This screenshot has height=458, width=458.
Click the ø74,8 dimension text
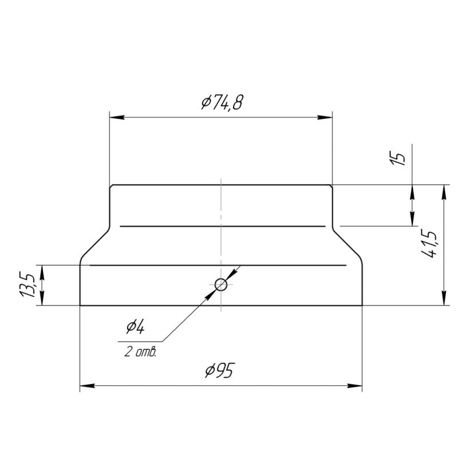coord(221,103)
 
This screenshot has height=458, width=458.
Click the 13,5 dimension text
coord(29,285)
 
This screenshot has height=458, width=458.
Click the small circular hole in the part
coord(221,283)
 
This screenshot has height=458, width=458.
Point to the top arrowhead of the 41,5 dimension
coord(444,191)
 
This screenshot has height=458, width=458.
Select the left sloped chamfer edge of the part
coord(93,245)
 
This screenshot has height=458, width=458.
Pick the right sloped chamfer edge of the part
coord(348,245)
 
